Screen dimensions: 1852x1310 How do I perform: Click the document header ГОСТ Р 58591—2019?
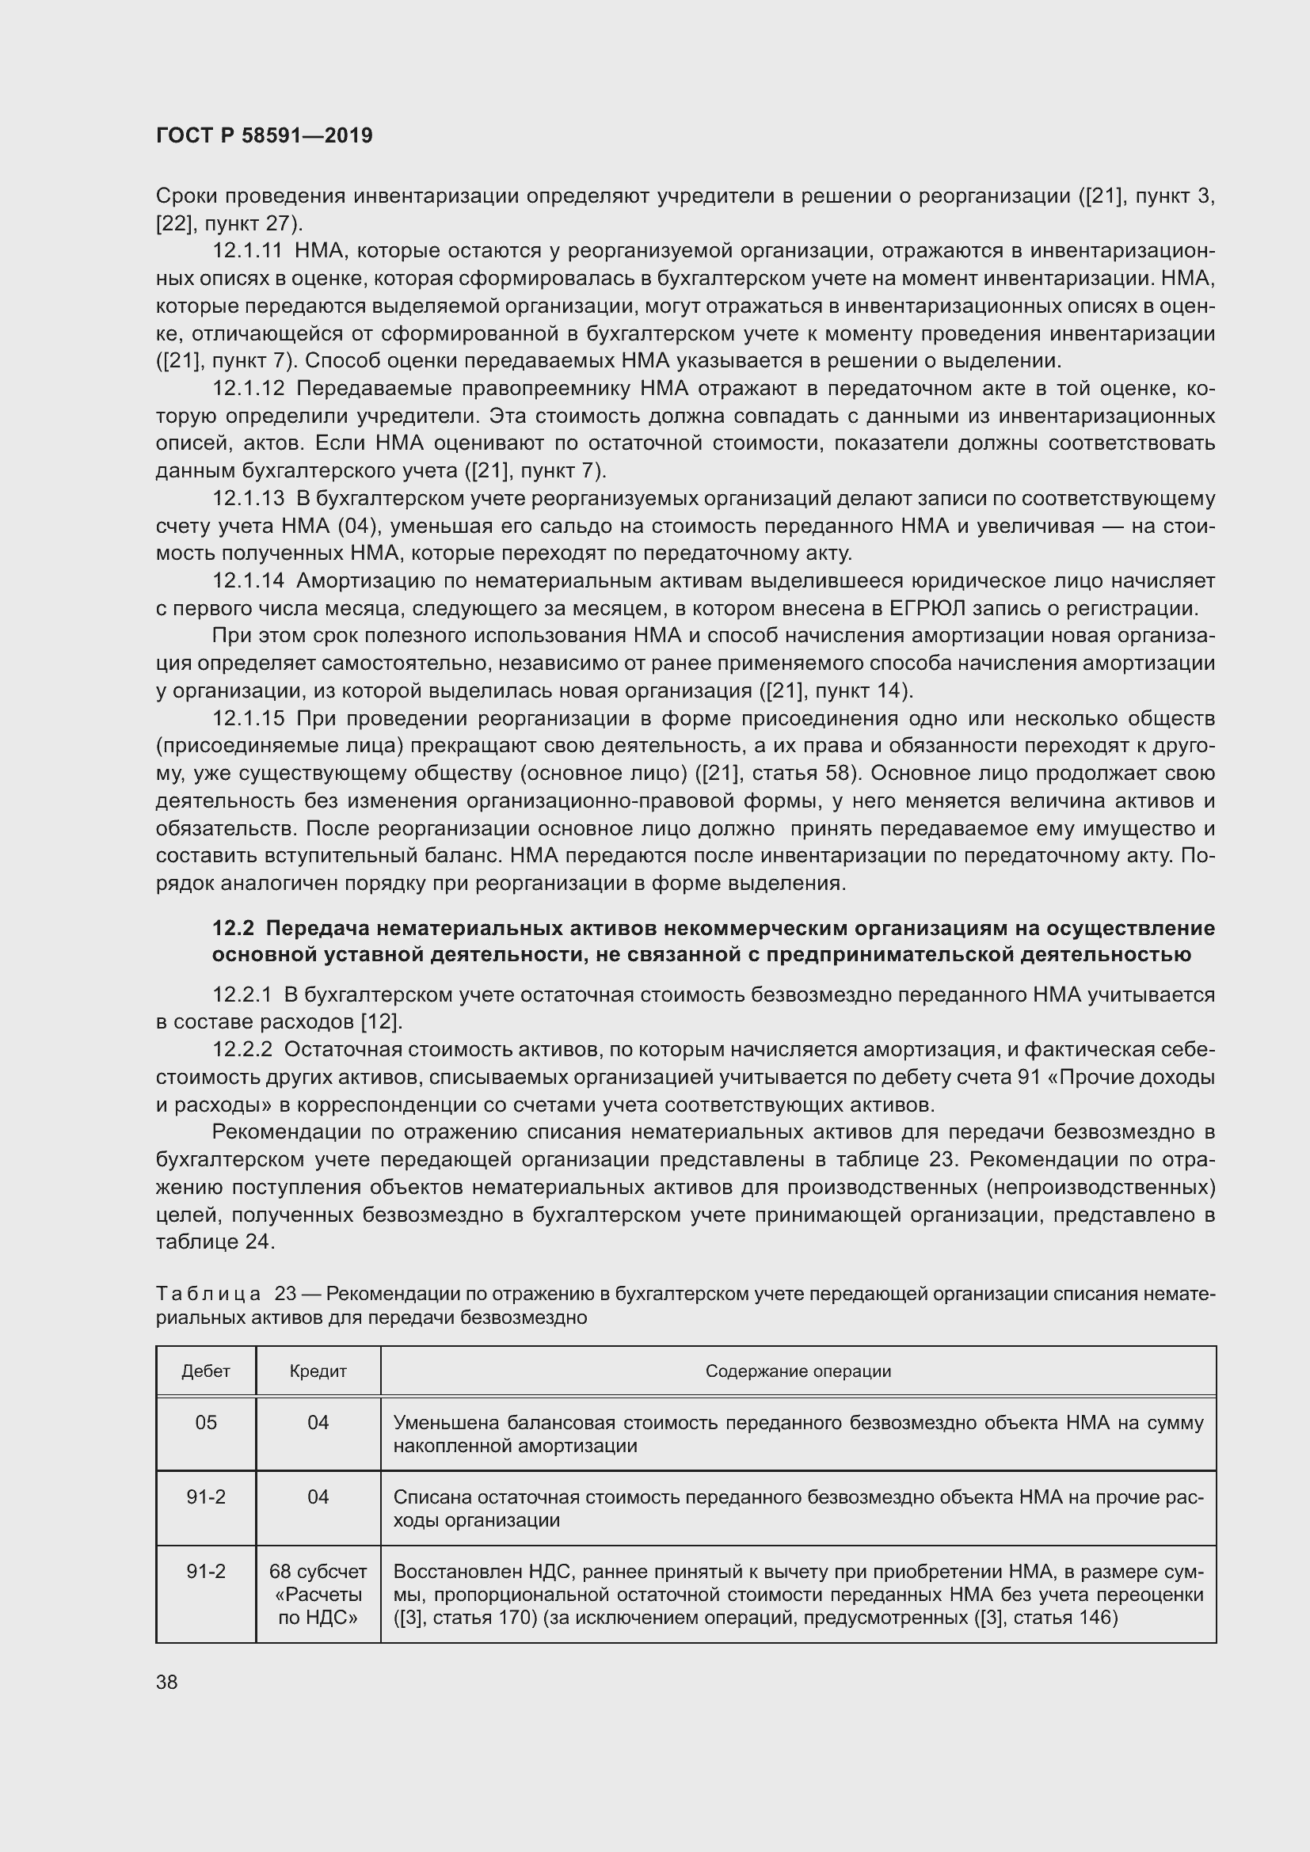click(x=264, y=135)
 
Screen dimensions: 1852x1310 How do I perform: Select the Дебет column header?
click(x=206, y=1371)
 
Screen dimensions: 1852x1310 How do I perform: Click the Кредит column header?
click(x=318, y=1371)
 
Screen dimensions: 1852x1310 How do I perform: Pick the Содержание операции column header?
click(x=798, y=1371)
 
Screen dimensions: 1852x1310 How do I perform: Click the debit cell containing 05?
click(x=206, y=1423)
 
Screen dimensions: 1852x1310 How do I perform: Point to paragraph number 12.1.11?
click(x=248, y=252)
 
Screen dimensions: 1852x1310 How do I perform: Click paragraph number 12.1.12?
click(x=249, y=389)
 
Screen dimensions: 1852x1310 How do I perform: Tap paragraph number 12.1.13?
click(x=249, y=500)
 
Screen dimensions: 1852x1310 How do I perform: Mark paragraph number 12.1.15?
click(x=249, y=719)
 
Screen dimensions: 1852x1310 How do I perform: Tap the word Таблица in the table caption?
click(x=208, y=1294)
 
